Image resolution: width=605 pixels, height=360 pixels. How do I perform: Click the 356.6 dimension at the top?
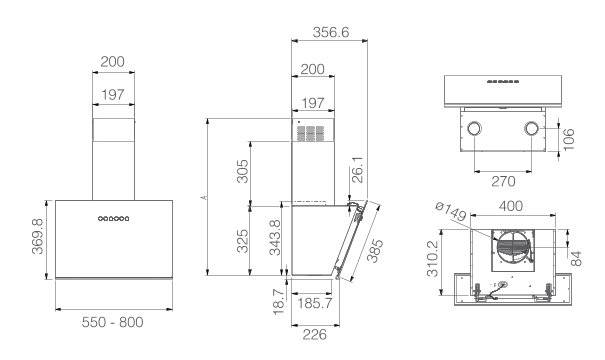pyautogui.click(x=331, y=32)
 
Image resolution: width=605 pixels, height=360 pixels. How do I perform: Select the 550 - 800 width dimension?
pyautogui.click(x=113, y=322)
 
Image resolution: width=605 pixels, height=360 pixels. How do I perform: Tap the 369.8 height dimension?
pyautogui.click(x=38, y=236)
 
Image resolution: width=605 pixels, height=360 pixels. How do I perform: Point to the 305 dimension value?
pyautogui.click(x=242, y=171)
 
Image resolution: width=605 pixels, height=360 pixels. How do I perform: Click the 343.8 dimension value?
pyautogui.click(x=275, y=237)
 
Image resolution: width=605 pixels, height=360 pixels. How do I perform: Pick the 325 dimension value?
pyautogui.click(x=242, y=241)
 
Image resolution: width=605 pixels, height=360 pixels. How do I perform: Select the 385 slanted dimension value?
pyautogui.click(x=374, y=250)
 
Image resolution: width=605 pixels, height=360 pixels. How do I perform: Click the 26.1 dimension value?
pyautogui.click(x=358, y=169)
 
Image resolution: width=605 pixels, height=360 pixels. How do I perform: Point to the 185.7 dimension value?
pyautogui.click(x=314, y=303)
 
